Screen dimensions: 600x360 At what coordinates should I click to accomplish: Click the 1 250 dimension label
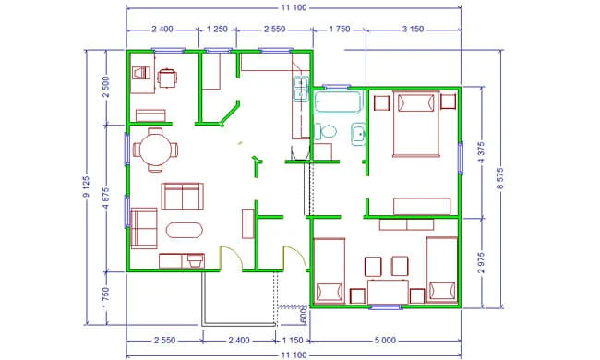coord(217,29)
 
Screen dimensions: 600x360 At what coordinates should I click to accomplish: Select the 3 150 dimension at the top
coord(413,29)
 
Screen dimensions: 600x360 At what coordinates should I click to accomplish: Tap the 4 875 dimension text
coord(106,198)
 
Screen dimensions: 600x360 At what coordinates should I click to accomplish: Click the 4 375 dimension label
coord(482,152)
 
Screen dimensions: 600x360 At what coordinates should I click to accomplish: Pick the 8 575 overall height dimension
coord(500,178)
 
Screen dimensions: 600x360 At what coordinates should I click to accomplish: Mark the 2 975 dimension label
coord(482,262)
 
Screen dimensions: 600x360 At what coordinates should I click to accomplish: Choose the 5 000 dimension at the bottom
coord(385,340)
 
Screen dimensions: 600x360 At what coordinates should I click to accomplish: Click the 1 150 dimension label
coord(293,340)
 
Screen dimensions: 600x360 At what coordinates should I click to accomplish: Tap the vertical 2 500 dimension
coord(106,87)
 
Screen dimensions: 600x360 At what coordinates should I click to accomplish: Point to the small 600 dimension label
coord(304,316)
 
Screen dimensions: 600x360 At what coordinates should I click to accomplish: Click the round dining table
coord(155,150)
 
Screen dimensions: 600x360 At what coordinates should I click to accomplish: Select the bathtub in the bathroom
coord(338,102)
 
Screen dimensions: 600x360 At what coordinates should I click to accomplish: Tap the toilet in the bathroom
coord(325,131)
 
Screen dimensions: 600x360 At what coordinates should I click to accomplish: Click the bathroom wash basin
coord(358,134)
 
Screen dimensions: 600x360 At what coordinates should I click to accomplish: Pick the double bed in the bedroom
coord(416,124)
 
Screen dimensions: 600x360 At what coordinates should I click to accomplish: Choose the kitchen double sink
coord(301,89)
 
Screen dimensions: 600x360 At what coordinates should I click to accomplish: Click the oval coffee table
coord(185,231)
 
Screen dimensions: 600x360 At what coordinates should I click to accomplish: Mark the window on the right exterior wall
coord(461,158)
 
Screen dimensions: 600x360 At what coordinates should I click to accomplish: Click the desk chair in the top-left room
coord(167,78)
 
